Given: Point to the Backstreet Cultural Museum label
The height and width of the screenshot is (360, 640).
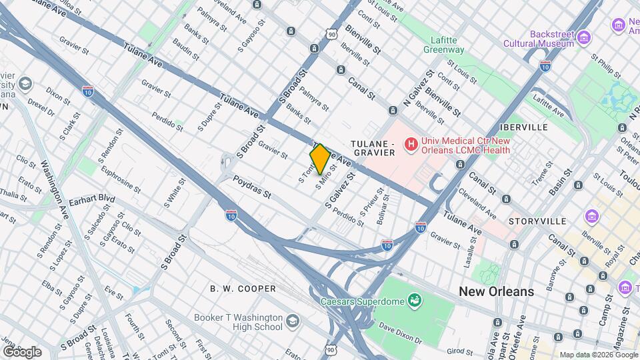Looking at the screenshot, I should pyautogui.click(x=552, y=39).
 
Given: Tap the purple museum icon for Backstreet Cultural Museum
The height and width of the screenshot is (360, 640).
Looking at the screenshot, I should pyautogui.click(x=585, y=35).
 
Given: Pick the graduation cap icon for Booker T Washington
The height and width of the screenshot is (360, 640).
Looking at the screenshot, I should pyautogui.click(x=292, y=323).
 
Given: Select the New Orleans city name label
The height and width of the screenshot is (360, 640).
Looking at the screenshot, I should pyautogui.click(x=496, y=291).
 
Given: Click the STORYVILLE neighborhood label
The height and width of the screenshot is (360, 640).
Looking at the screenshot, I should pyautogui.click(x=537, y=221).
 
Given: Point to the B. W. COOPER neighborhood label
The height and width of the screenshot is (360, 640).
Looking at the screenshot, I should pyautogui.click(x=243, y=289).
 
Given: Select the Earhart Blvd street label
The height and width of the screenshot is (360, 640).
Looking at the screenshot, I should pyautogui.click(x=93, y=199).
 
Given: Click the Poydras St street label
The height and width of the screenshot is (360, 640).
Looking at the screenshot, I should pyautogui.click(x=252, y=187).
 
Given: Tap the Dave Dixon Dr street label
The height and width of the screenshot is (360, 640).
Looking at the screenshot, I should pyautogui.click(x=401, y=329).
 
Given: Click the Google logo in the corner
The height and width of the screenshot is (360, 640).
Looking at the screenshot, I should pyautogui.click(x=22, y=352).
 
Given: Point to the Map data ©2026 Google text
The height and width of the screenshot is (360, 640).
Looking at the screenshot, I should pyautogui.click(x=598, y=355).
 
